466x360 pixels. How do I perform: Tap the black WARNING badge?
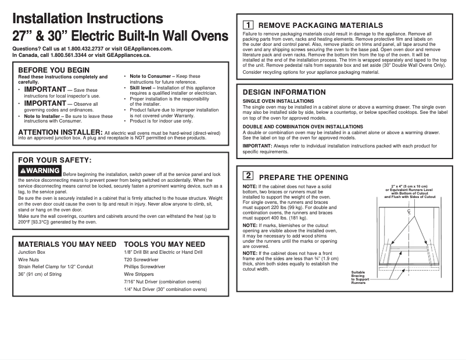pyautogui.click(x=40, y=171)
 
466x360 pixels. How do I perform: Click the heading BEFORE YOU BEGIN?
pyautogui.click(x=54, y=70)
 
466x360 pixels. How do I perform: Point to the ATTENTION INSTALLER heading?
pyautogui.click(x=60, y=132)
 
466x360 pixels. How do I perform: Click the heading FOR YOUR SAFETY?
pyautogui.click(x=55, y=160)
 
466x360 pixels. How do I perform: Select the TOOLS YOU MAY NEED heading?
pyautogui.click(x=164, y=244)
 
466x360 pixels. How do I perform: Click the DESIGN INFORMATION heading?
pyautogui.click(x=284, y=92)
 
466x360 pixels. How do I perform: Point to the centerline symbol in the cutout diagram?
pyautogui.click(x=409, y=213)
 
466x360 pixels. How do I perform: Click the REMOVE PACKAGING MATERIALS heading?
pyautogui.click(x=320, y=26)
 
